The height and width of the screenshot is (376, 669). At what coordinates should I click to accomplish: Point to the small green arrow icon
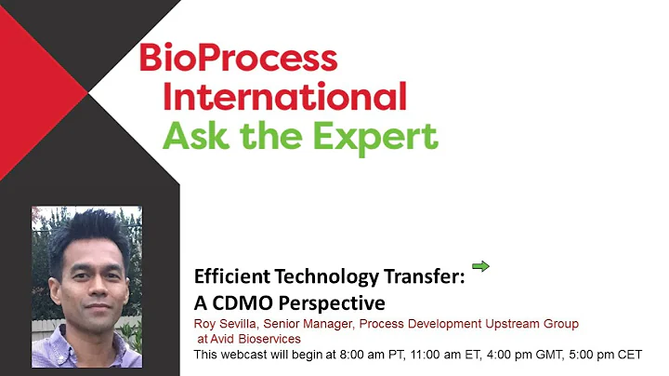[480, 267]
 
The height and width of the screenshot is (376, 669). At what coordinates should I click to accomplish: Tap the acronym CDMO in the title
[241, 302]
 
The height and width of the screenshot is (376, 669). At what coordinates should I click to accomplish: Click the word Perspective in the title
[330, 302]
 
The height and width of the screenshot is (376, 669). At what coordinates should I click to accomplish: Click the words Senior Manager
[309, 324]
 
